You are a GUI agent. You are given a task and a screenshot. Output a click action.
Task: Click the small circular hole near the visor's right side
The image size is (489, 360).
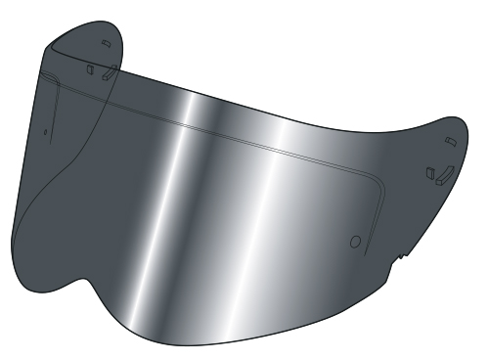pos(355,240)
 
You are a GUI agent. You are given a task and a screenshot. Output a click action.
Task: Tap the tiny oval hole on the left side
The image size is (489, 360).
pos(45,127)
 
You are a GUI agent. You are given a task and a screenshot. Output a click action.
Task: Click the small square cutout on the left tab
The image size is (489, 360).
pos(89,69)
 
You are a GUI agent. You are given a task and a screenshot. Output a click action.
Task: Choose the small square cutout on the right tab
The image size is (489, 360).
pos(428,171)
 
